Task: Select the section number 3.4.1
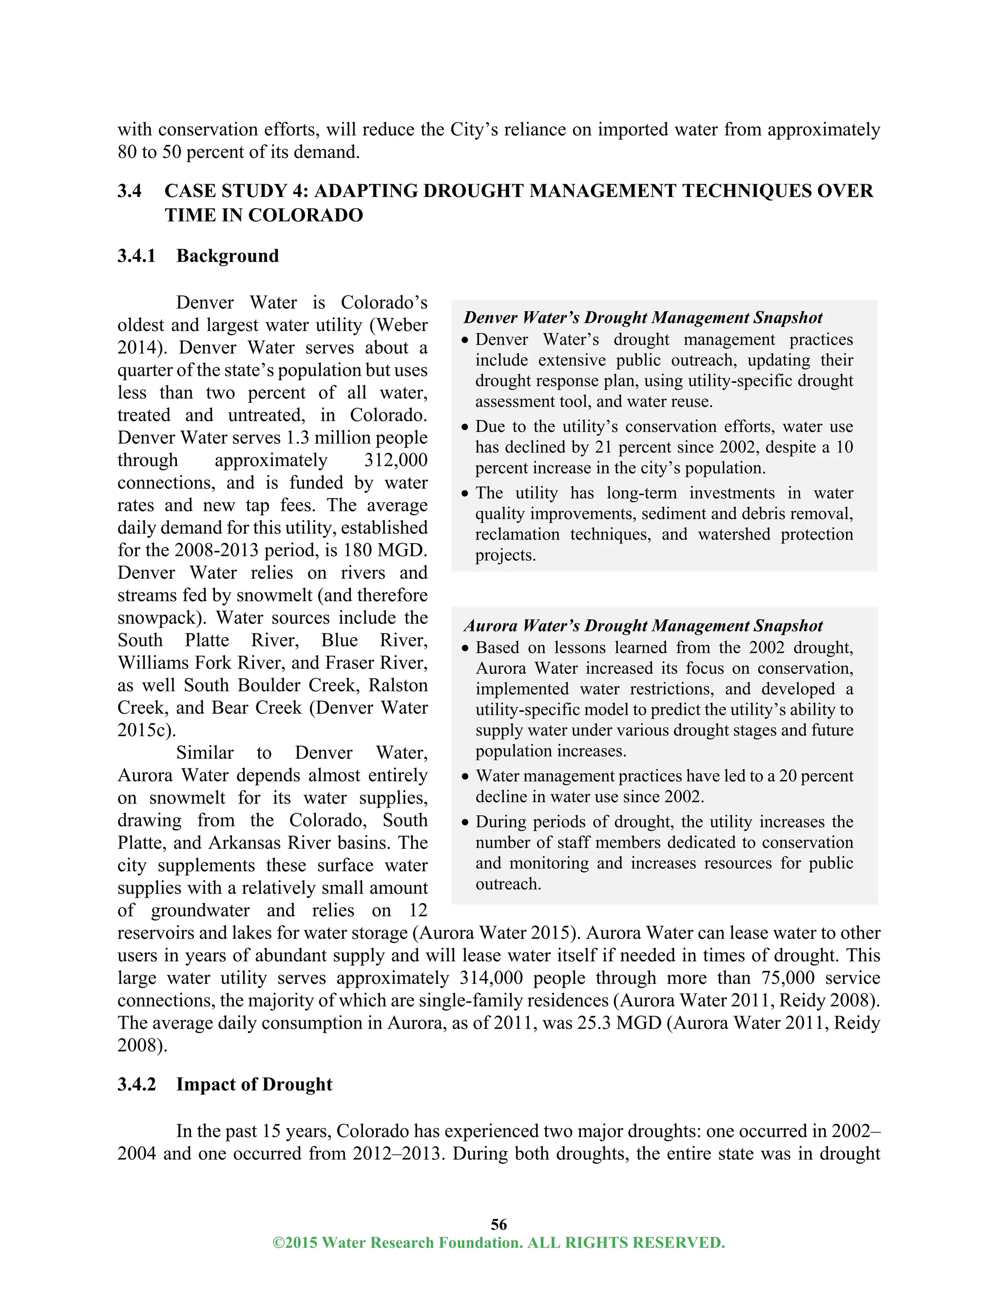(x=136, y=256)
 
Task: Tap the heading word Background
(x=228, y=256)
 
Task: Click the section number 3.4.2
(x=136, y=1084)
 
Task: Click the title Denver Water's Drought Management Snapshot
(x=643, y=318)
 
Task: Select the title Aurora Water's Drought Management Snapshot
(x=643, y=626)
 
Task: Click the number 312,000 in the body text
(x=396, y=460)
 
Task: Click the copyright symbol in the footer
(x=277, y=1243)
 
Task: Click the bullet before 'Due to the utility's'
(x=465, y=427)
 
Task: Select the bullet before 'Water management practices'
(x=465, y=777)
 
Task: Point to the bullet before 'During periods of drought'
(x=465, y=822)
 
